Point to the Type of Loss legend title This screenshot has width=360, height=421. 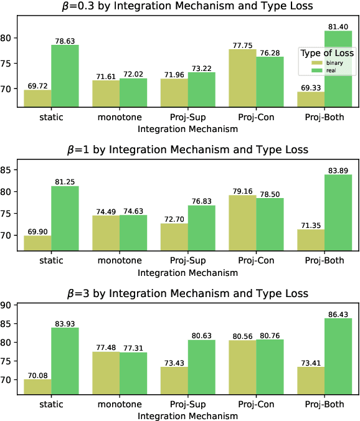click(x=326, y=53)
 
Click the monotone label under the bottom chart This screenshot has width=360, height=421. click(x=119, y=404)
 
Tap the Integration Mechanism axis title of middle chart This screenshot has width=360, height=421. click(x=187, y=273)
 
